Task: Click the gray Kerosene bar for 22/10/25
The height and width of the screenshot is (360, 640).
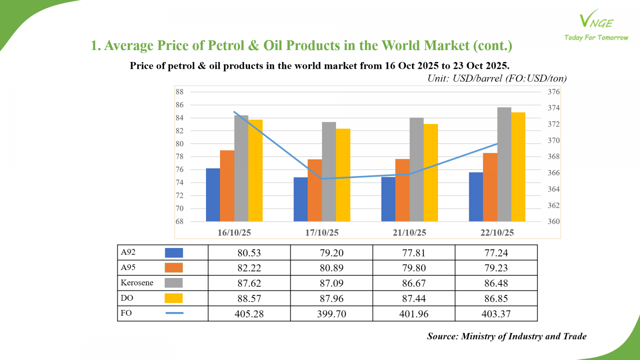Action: tap(504, 164)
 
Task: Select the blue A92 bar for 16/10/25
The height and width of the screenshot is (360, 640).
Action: tap(213, 195)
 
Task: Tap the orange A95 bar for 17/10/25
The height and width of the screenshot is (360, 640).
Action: tap(314, 190)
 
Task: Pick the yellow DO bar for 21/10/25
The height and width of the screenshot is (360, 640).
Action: tap(431, 172)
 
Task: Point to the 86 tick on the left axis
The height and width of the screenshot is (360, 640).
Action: tap(180, 105)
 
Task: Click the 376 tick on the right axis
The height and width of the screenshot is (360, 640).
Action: tap(554, 92)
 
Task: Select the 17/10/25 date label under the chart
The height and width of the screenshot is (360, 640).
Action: tap(322, 232)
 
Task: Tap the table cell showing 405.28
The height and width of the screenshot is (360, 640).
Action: tap(249, 314)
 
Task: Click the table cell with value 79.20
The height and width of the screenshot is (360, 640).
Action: tap(332, 253)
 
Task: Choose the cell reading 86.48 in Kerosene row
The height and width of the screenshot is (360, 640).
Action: tap(496, 283)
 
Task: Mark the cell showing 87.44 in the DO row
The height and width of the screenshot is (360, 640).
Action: tap(414, 298)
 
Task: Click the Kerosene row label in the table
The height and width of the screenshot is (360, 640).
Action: tap(137, 283)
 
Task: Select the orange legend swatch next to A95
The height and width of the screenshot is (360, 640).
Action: tap(174, 268)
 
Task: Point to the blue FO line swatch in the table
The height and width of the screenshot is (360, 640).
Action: tap(174, 313)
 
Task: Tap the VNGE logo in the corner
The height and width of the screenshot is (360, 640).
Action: tap(596, 20)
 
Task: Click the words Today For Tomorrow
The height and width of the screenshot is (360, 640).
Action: tap(596, 38)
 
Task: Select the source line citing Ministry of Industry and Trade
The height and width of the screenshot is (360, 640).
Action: tap(506, 336)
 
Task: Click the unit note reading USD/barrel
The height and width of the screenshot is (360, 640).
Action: tap(497, 78)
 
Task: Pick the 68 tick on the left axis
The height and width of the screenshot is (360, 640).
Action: tap(180, 221)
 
